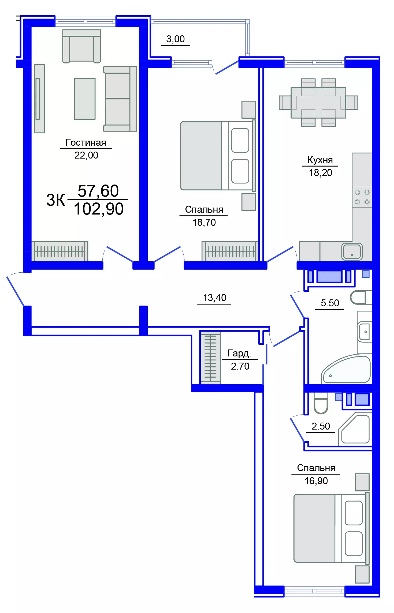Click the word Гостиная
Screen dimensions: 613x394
click(86, 142)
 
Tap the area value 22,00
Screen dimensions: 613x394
click(86, 155)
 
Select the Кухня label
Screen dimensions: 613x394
click(320, 160)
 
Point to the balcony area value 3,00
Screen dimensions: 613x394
click(175, 39)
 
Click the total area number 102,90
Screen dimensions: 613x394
click(99, 209)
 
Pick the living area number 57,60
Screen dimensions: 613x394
click(98, 191)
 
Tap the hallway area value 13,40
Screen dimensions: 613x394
click(214, 298)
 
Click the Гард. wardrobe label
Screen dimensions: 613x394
click(239, 353)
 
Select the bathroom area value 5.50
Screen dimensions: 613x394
click(330, 303)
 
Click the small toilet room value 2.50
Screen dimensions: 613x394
click(321, 426)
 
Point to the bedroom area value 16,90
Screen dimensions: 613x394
click(316, 481)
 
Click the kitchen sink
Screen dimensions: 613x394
click(352, 251)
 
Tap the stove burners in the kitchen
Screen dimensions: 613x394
click(362, 197)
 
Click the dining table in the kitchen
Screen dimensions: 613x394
click(318, 103)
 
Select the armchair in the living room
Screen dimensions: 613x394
click(81, 46)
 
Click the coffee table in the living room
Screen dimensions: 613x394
click(85, 99)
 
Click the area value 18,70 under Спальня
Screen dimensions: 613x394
click(204, 223)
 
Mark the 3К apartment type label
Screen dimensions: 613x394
click(55, 200)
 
